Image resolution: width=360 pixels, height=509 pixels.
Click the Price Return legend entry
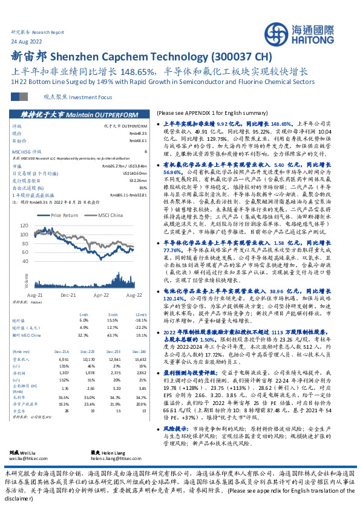(65, 215)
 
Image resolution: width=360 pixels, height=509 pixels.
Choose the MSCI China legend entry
(114, 215)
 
